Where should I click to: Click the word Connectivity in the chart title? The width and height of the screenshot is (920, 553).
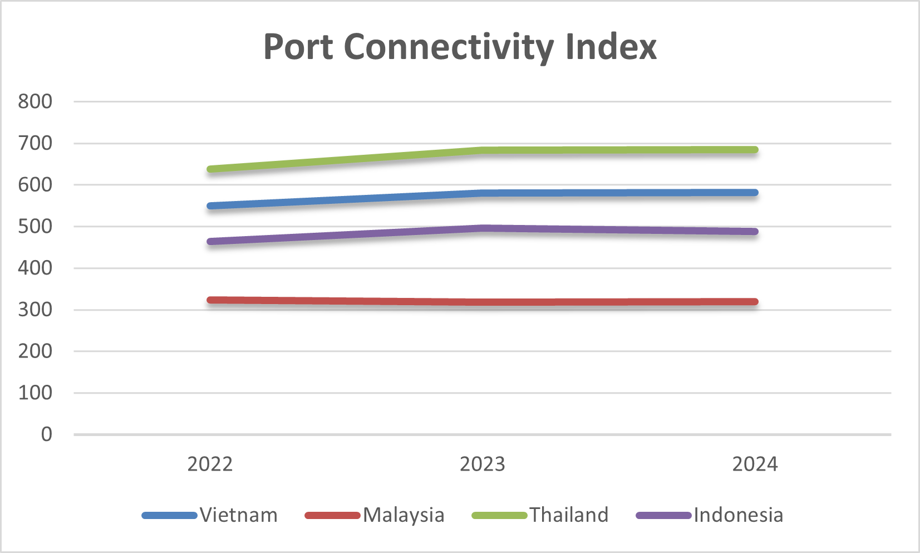pyautogui.click(x=448, y=47)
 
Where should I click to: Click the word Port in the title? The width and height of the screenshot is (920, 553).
pyautogui.click(x=298, y=47)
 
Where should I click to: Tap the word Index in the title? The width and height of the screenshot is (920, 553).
pyautogui.click(x=611, y=47)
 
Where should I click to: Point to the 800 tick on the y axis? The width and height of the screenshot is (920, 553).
pyautogui.click(x=35, y=101)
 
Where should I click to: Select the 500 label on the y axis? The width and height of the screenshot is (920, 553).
pyautogui.click(x=35, y=227)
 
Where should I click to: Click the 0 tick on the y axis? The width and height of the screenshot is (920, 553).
pyautogui.click(x=47, y=434)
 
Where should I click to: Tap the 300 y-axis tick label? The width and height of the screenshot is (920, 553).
pyautogui.click(x=35, y=310)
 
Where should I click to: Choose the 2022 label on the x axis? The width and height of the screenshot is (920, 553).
pyautogui.click(x=210, y=464)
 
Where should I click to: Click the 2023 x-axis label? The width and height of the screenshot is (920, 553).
pyautogui.click(x=482, y=464)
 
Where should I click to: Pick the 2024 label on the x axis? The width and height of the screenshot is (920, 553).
pyautogui.click(x=755, y=464)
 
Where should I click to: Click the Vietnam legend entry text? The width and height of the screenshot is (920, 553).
pyautogui.click(x=239, y=515)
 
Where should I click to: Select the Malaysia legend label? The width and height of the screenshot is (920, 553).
pyautogui.click(x=404, y=515)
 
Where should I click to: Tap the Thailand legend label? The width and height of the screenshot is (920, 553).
pyautogui.click(x=569, y=515)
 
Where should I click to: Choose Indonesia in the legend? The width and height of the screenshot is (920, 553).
pyautogui.click(x=738, y=515)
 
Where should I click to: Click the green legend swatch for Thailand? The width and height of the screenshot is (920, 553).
pyautogui.click(x=499, y=516)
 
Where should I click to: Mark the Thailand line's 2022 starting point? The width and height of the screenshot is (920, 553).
pyautogui.click(x=210, y=169)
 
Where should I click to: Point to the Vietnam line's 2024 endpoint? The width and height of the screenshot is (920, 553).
pyautogui.click(x=754, y=193)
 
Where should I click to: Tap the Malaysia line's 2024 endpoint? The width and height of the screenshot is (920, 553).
pyautogui.click(x=754, y=302)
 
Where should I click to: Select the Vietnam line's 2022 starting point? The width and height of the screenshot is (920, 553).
pyautogui.click(x=210, y=206)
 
